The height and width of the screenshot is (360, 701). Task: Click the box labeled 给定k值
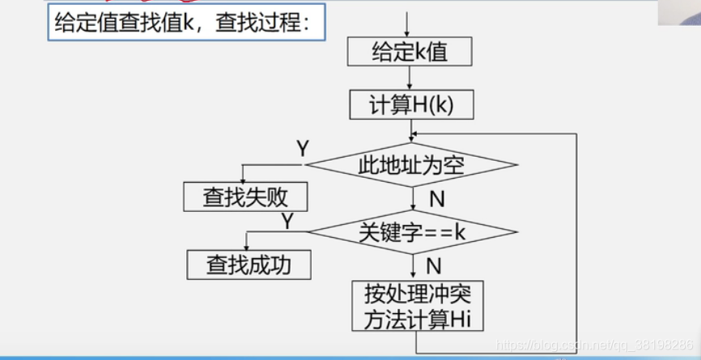(x=410, y=53)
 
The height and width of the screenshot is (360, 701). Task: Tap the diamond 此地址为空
(x=411, y=165)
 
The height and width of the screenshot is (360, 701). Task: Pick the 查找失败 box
(x=245, y=197)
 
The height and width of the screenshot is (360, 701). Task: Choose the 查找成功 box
(x=249, y=264)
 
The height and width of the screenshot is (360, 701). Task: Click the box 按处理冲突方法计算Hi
(x=418, y=305)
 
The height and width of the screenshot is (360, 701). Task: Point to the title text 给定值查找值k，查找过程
(x=183, y=23)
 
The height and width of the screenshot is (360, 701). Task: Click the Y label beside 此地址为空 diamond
(x=302, y=149)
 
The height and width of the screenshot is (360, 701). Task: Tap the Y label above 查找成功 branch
(x=287, y=220)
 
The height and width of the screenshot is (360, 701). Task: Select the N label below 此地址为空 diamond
(x=436, y=198)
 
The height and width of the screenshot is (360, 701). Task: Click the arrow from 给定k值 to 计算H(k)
(x=410, y=78)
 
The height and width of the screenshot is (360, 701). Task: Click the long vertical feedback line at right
(x=576, y=243)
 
